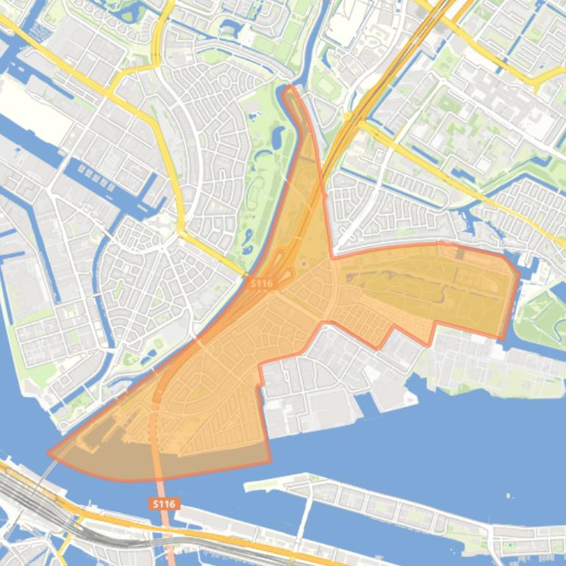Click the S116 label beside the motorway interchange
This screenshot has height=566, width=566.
[261, 283]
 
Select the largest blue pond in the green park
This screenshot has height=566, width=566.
[278, 137]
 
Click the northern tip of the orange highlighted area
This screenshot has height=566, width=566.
[289, 87]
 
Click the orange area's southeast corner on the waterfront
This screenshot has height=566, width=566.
[270, 462]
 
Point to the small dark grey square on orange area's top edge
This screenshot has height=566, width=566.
[460, 254]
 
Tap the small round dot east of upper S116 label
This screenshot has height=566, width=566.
[304, 264]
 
